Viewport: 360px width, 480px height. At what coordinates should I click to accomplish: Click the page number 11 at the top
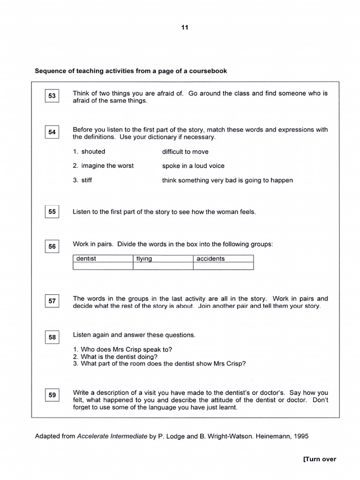[x=185, y=28]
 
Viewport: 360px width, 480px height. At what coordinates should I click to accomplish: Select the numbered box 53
[x=52, y=96]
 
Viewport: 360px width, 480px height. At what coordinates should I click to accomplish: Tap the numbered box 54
[x=52, y=132]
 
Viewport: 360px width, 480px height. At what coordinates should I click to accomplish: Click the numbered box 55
[x=52, y=212]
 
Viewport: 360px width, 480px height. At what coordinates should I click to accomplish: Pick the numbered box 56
[x=52, y=247]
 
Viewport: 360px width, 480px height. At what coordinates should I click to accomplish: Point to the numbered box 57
[x=52, y=301]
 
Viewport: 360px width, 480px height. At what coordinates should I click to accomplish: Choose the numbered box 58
[x=52, y=337]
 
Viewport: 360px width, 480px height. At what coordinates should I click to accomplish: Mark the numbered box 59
[x=52, y=395]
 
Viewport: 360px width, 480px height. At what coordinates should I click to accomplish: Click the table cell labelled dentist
[x=103, y=259]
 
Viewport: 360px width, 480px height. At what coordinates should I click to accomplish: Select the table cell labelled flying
[x=163, y=259]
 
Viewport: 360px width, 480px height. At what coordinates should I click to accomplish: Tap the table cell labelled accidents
[x=223, y=259]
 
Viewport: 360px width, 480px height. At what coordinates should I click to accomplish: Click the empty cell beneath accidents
[x=223, y=266]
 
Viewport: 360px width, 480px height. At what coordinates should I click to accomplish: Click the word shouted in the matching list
[x=93, y=151]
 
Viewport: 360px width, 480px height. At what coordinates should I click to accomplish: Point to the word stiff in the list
[x=86, y=180]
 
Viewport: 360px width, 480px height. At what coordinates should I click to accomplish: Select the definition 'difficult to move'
[x=185, y=152]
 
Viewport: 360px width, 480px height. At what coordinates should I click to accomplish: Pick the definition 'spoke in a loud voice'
[x=193, y=166]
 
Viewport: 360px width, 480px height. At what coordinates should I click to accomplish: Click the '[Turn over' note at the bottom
[x=320, y=459]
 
